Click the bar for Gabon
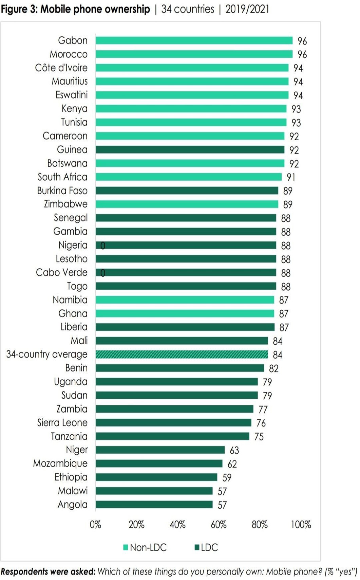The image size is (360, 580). click(x=194, y=40)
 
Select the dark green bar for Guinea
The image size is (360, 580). click(x=190, y=150)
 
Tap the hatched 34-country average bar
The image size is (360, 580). click(x=182, y=355)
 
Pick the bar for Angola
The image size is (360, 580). click(x=154, y=505)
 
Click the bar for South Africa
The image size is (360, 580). click(x=188, y=177)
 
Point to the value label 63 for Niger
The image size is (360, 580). click(x=234, y=450)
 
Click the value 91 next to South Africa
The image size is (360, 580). click(x=291, y=177)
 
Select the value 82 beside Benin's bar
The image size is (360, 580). click(x=273, y=368)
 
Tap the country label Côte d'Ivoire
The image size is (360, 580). click(x=61, y=68)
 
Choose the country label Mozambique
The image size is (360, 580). click(x=60, y=464)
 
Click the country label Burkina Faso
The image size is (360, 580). click(x=62, y=191)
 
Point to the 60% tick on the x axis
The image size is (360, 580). click(x=219, y=525)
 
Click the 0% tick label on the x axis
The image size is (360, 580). click(x=95, y=525)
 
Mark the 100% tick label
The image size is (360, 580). click(x=301, y=525)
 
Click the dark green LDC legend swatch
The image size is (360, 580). click(x=196, y=547)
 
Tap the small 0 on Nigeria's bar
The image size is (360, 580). click(x=103, y=246)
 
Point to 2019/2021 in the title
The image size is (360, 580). click(x=247, y=9)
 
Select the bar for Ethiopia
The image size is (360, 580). click(x=156, y=477)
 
